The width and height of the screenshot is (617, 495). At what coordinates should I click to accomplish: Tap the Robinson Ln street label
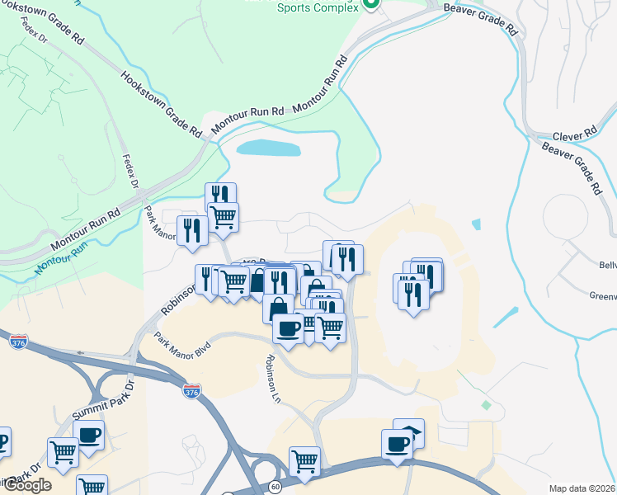click(x=274, y=379)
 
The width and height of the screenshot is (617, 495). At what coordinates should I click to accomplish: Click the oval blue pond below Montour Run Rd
click(x=268, y=148)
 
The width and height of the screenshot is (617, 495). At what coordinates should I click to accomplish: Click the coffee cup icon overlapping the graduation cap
click(x=398, y=443)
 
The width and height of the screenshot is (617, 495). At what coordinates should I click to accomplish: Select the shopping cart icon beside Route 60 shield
click(x=304, y=459)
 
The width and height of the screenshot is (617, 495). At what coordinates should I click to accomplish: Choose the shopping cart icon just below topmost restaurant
click(x=223, y=216)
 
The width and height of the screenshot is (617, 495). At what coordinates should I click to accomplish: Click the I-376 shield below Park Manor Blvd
click(x=191, y=392)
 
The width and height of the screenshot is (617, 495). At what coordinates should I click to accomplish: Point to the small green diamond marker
click(x=486, y=405)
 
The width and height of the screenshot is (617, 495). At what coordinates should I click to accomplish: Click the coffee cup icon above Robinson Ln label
click(x=288, y=328)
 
